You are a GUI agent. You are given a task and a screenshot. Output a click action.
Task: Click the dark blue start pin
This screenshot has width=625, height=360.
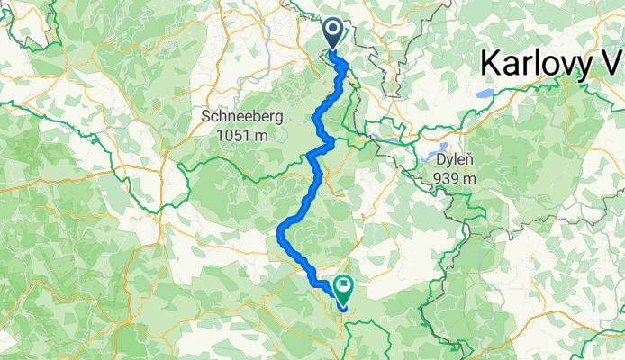333,34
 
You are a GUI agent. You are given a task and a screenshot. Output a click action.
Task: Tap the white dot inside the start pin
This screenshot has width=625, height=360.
333,31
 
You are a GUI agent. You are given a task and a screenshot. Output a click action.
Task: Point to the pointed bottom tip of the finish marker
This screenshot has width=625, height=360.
343,308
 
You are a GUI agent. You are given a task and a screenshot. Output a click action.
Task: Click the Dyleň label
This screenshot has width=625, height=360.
455,160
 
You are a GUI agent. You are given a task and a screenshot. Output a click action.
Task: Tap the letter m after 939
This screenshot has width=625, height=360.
470,179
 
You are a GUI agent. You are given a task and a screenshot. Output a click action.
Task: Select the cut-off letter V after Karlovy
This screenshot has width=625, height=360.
612,62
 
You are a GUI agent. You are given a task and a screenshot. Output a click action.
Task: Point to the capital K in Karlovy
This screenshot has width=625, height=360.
492,62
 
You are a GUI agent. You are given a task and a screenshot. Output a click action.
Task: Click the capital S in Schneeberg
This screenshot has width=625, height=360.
208,117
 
